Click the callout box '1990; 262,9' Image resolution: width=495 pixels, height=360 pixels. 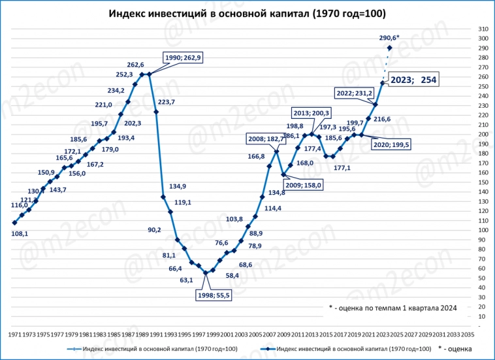(184, 57)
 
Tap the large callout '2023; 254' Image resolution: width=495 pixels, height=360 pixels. (413, 80)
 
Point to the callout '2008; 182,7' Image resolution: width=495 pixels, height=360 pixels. (266, 139)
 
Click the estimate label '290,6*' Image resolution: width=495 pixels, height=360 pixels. (389, 38)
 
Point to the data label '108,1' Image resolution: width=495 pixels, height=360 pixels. (21, 233)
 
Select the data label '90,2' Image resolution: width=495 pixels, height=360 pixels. (155, 230)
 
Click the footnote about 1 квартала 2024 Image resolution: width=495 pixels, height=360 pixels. (392, 308)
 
